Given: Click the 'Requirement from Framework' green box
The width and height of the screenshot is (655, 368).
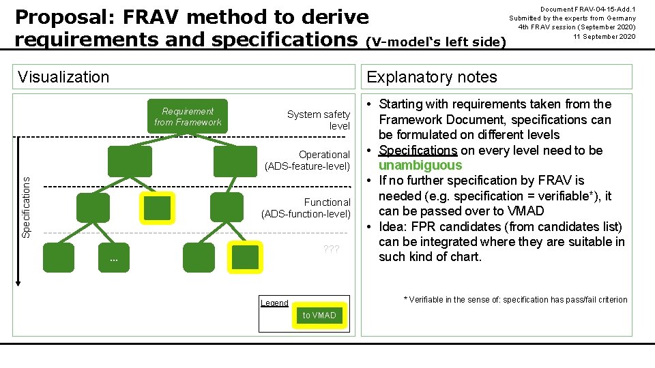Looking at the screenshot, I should point(188,117).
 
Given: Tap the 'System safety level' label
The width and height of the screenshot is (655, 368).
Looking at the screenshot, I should point(319,121).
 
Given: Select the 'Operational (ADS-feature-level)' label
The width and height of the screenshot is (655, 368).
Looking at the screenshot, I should point(308,161).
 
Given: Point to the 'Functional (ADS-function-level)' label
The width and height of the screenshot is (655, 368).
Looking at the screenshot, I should point(306,208).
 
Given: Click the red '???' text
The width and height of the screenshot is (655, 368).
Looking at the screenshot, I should point(331,249).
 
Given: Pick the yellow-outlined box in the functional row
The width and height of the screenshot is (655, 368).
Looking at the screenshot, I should point(158,208).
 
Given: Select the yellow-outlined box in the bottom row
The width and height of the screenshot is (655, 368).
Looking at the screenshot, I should point(245,257).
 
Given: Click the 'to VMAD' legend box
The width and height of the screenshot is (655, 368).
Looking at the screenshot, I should point(319,315).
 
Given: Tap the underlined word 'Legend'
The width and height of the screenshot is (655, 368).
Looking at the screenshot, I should point(274,303).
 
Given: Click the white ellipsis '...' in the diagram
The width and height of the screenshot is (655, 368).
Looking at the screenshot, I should point(114,259).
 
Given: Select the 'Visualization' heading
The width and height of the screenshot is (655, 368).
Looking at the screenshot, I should point(63,77).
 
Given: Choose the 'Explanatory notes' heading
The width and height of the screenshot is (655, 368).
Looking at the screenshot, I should point(432,77).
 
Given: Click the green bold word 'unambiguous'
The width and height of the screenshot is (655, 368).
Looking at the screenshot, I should point(420,165).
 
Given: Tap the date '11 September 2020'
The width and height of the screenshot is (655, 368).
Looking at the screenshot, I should point(604,36).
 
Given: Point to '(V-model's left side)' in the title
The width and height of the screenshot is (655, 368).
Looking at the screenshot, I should point(437,42).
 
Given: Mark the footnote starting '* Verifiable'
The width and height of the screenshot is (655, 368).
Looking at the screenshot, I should point(515,300).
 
